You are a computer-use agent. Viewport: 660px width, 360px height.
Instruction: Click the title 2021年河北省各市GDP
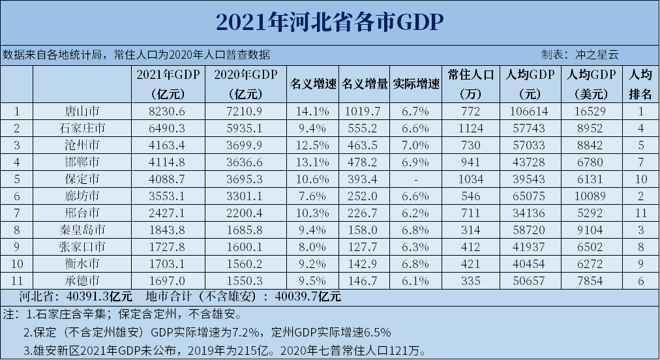(x=329, y=22)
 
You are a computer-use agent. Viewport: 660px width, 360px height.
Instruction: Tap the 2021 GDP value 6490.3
(x=168, y=128)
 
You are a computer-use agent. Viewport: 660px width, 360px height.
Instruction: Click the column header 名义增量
(x=364, y=84)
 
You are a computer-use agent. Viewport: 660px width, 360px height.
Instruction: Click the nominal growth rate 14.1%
(x=312, y=112)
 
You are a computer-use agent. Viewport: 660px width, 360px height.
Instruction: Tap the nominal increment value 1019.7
(x=364, y=112)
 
